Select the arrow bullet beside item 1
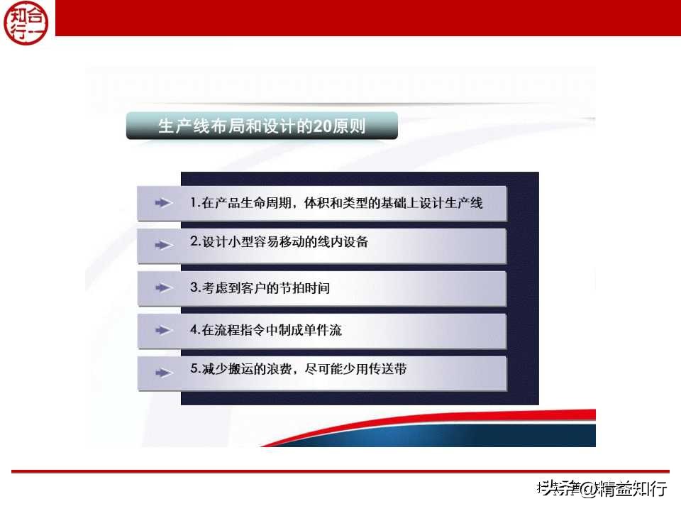[x=164, y=203]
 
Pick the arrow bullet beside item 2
[x=164, y=245]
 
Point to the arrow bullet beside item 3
[x=164, y=288]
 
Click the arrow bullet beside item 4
[x=164, y=331]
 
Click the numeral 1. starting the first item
[x=195, y=203]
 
